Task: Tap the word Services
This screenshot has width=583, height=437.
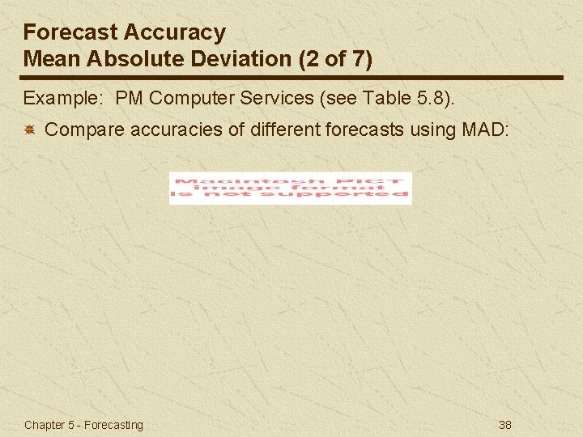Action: (x=273, y=99)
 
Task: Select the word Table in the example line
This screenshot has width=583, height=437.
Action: (x=385, y=99)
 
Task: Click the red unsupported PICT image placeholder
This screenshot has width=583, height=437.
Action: (x=290, y=188)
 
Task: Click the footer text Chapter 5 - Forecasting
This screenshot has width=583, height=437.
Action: (x=83, y=425)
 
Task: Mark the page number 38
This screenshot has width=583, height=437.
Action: (x=504, y=425)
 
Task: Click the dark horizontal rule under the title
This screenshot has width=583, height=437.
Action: (x=291, y=78)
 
